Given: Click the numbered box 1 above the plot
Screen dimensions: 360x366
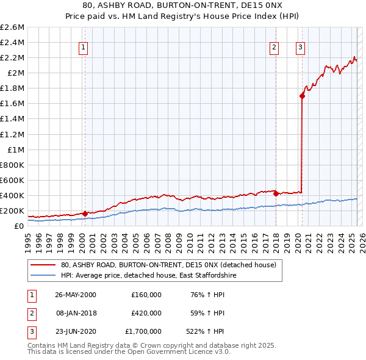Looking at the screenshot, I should [x=83, y=48].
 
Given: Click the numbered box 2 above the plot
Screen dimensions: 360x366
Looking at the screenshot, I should [x=274, y=48].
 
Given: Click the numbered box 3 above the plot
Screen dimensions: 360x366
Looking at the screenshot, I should [x=301, y=48].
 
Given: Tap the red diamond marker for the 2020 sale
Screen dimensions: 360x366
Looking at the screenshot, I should [x=302, y=95].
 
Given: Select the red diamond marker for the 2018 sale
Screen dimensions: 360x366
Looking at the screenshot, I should [x=276, y=194].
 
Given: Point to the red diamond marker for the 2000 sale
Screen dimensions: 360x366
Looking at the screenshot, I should [x=85, y=214].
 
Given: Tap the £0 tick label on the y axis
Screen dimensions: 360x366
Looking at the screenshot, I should [x=20, y=226].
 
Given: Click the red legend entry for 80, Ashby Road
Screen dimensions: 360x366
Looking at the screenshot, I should [x=168, y=265].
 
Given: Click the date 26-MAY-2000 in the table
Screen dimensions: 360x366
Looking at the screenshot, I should [x=76, y=295].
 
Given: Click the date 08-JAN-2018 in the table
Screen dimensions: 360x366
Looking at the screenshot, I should [x=76, y=313].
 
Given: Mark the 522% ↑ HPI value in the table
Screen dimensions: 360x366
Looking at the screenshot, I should [x=207, y=331].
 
